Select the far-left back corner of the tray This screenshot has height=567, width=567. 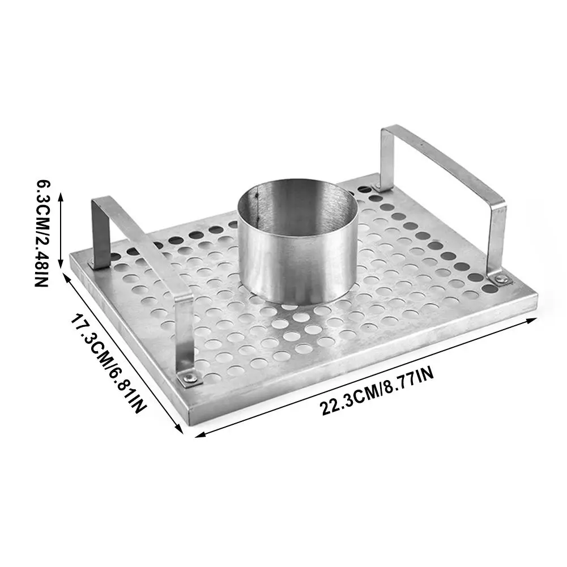70,258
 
